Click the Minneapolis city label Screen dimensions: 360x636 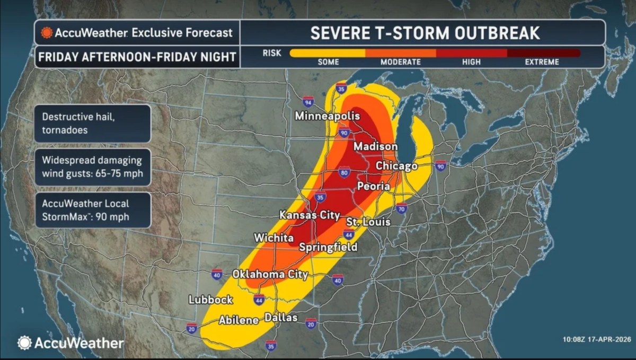click(x=327, y=116)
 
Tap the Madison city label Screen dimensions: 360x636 click(x=375, y=146)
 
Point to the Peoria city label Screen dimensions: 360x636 click(x=373, y=187)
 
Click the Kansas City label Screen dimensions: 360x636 click(x=310, y=215)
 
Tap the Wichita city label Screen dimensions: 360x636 click(x=273, y=238)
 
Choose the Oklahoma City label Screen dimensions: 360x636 click(x=270, y=275)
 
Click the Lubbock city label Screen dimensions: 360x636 click(x=211, y=300)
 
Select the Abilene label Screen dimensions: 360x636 click(x=238, y=320)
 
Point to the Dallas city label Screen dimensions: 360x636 click(x=280, y=318)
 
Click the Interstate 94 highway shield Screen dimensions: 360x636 click(x=308, y=102)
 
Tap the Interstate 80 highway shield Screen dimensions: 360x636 click(x=343, y=172)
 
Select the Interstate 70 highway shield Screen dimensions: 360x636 click(x=401, y=208)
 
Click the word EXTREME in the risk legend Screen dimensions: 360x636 click(x=542, y=62)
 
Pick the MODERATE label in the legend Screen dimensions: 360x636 click(x=400, y=62)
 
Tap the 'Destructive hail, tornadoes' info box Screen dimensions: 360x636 click(x=92, y=123)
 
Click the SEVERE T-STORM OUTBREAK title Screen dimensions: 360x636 click(x=425, y=33)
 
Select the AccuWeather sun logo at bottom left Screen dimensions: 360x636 click(x=24, y=343)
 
